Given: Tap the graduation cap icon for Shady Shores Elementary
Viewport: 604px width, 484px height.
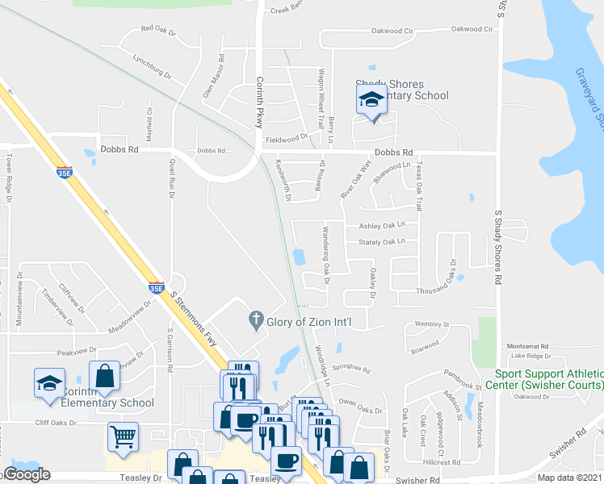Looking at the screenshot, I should (x=371, y=100).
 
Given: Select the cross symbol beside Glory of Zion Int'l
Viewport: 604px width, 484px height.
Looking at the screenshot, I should (x=256, y=322).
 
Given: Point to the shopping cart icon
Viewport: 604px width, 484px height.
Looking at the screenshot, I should (x=123, y=436).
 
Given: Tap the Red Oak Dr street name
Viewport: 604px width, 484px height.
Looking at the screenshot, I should (x=157, y=30).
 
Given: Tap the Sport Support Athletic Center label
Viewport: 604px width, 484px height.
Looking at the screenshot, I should (x=548, y=379).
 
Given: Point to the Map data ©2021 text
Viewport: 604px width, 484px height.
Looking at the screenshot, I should (x=570, y=478).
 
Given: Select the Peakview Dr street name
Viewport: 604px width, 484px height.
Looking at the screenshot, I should (x=78, y=353).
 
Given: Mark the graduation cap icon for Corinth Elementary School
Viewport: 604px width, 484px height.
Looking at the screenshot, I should (x=49, y=382).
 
